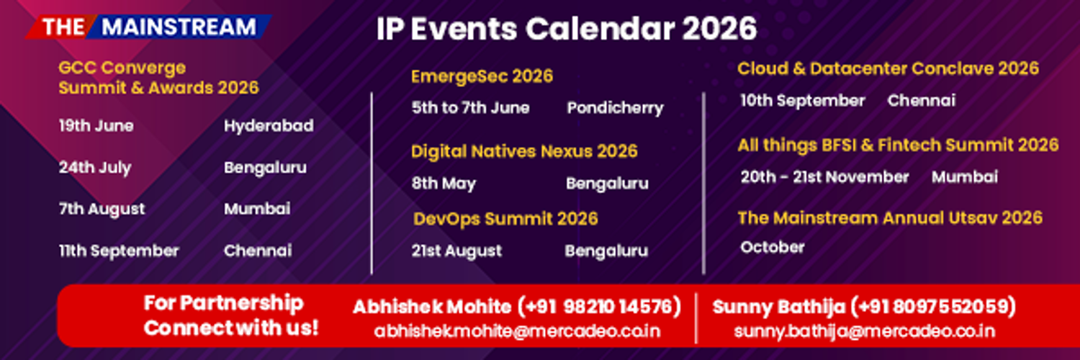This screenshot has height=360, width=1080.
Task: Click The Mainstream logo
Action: point(148,27)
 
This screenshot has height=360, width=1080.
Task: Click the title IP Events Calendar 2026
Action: point(567,28)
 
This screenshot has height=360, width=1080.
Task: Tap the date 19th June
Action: point(96,126)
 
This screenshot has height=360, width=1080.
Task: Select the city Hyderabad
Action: point(269,126)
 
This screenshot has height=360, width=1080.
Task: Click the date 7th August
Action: point(102,210)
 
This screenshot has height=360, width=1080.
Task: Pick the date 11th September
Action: point(119,251)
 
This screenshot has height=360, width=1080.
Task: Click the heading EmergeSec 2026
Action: point(482,76)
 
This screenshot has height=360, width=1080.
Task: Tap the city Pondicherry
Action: point(615,108)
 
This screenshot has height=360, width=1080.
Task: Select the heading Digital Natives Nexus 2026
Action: point(524,151)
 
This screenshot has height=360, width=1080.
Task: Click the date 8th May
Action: point(444,184)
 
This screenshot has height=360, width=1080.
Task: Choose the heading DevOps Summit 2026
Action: point(505,220)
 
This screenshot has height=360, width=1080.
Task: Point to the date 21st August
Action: point(456,251)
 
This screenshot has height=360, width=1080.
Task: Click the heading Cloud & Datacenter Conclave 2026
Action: point(888,68)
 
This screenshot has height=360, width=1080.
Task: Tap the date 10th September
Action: point(803,101)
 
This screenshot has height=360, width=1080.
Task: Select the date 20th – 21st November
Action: point(824,177)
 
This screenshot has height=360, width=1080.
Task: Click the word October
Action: point(773,247)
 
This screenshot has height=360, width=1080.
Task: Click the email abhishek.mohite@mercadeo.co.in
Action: point(517,331)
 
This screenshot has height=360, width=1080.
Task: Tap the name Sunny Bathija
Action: point(778,307)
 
